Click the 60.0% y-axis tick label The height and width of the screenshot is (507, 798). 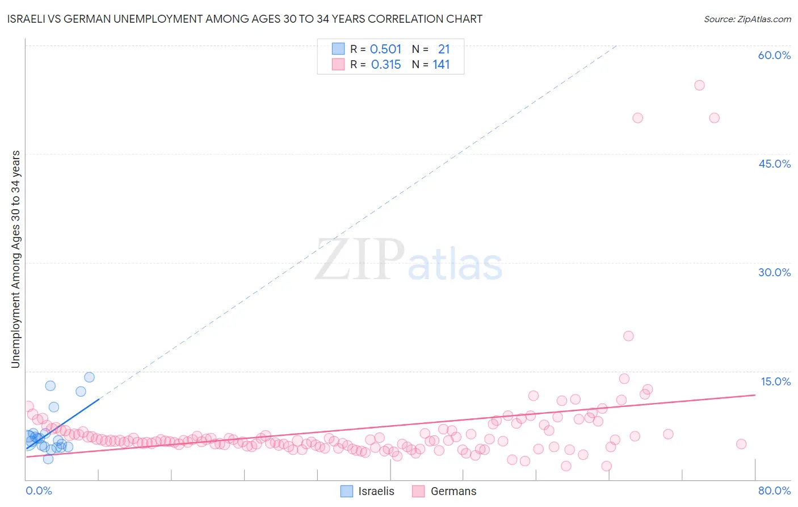point(774,55)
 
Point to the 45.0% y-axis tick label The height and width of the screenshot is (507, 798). point(774,164)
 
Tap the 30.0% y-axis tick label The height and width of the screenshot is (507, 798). point(774,272)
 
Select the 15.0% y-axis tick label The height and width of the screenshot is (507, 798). point(775,381)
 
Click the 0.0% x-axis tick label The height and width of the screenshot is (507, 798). point(39,491)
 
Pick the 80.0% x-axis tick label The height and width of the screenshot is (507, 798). point(774,491)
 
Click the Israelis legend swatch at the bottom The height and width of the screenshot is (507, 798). point(346,491)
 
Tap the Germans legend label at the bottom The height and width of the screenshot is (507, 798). point(453,491)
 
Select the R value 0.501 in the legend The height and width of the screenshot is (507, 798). point(385,49)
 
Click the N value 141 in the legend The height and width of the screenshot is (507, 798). point(441,65)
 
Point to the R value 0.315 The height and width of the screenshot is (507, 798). point(386,65)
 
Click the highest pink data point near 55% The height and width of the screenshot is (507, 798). point(699,85)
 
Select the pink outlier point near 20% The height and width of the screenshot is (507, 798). point(628,336)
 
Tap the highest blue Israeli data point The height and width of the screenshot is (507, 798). point(89,377)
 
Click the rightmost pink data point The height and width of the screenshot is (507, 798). point(741,444)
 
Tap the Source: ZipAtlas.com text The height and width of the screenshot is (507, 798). point(747,19)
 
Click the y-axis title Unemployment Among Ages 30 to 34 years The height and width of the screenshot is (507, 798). point(16,259)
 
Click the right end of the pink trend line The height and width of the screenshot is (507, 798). point(755,395)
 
